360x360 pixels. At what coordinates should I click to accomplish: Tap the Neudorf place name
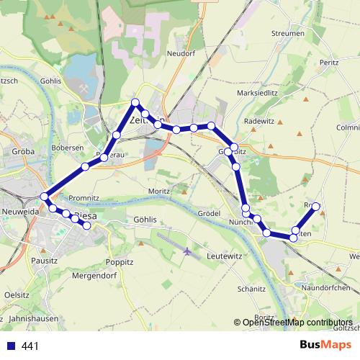click(181, 53)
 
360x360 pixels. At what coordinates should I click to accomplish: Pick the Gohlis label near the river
click(53, 81)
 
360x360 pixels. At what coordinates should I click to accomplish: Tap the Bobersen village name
click(68, 148)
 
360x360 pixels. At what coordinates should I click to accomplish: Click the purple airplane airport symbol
click(189, 251)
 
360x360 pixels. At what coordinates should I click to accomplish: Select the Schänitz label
click(251, 289)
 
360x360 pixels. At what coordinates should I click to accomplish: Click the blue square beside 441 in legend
click(11, 346)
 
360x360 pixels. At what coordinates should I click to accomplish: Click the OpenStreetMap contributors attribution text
click(297, 323)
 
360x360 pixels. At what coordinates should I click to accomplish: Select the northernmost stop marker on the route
click(135, 102)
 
